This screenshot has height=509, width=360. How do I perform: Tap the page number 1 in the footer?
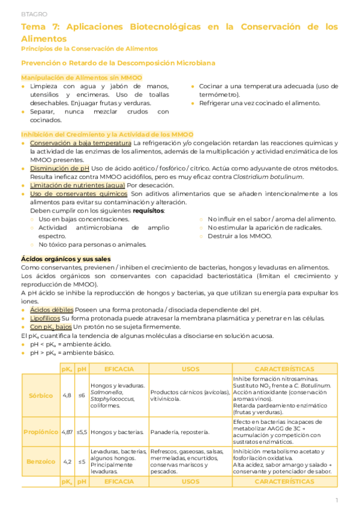pos(337,499)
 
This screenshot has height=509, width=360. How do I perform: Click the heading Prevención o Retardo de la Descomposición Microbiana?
pos(118,62)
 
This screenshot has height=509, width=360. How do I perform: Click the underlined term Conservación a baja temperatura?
pos(80,143)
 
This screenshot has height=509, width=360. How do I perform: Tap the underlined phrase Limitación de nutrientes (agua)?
pos(77,185)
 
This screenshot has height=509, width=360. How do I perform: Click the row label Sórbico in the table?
pos(41,396)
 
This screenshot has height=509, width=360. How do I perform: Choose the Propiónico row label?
pos(41,432)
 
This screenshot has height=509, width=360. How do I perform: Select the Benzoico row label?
pos(41,461)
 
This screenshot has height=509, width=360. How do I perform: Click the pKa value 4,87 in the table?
pos(67,432)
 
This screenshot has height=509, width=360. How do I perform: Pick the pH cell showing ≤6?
pos(82,396)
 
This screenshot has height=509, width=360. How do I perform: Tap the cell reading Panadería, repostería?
pos(180,432)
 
